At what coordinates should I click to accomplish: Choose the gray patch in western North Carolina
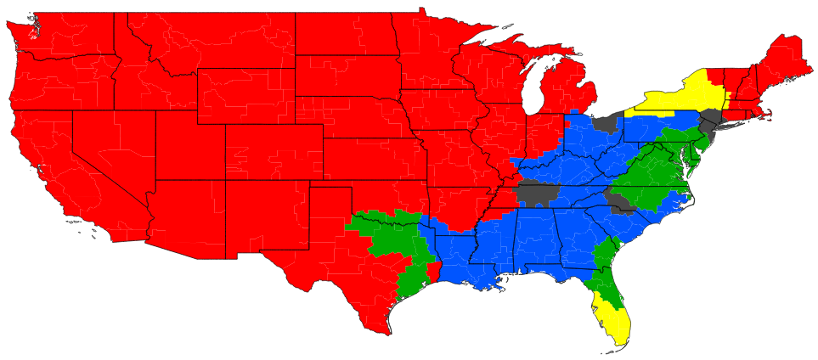pos(621,200)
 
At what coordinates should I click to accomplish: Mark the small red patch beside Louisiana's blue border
pos(433,272)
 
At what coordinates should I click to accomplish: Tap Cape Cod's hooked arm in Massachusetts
pos(770,112)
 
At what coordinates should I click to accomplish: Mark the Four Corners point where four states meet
pos(225,180)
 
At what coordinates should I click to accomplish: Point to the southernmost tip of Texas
pos(381,334)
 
